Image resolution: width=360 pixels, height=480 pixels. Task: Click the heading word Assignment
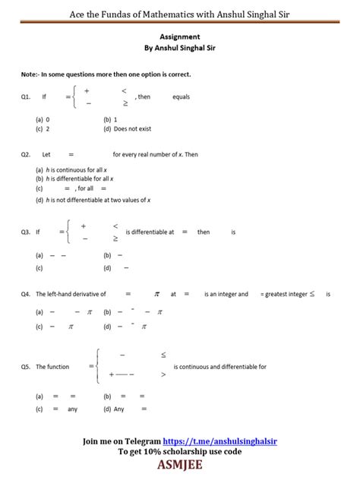pyautogui.click(x=180, y=36)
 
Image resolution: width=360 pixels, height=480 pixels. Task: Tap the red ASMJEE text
pyautogui.click(x=180, y=465)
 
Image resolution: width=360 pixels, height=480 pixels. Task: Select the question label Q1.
pyautogui.click(x=27, y=97)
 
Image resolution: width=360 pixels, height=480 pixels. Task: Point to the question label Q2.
pyautogui.click(x=27, y=154)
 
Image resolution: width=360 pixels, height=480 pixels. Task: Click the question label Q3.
pyautogui.click(x=27, y=232)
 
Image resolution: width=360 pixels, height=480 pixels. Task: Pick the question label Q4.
pyautogui.click(x=27, y=294)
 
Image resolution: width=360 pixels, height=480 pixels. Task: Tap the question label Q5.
pyautogui.click(x=27, y=367)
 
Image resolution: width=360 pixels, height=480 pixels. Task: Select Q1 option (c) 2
pyautogui.click(x=43, y=129)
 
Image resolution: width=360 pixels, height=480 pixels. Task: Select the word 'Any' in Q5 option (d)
pyautogui.click(x=119, y=409)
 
